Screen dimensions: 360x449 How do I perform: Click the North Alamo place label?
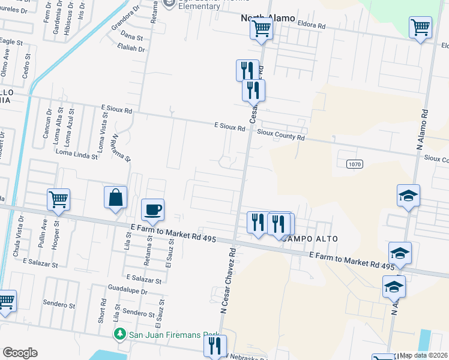click(x=268, y=18)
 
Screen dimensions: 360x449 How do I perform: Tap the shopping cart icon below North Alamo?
click(x=262, y=28)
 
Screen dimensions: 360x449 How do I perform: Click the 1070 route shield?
click(x=354, y=163)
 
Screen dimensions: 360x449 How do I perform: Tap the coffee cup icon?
click(x=152, y=210)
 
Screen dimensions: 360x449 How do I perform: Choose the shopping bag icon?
click(x=115, y=197)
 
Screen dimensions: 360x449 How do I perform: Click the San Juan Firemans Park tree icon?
click(x=120, y=333)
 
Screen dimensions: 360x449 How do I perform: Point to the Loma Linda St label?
click(x=76, y=155)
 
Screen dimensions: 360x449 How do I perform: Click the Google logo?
click(x=20, y=353)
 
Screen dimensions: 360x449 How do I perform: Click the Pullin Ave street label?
click(x=43, y=232)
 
